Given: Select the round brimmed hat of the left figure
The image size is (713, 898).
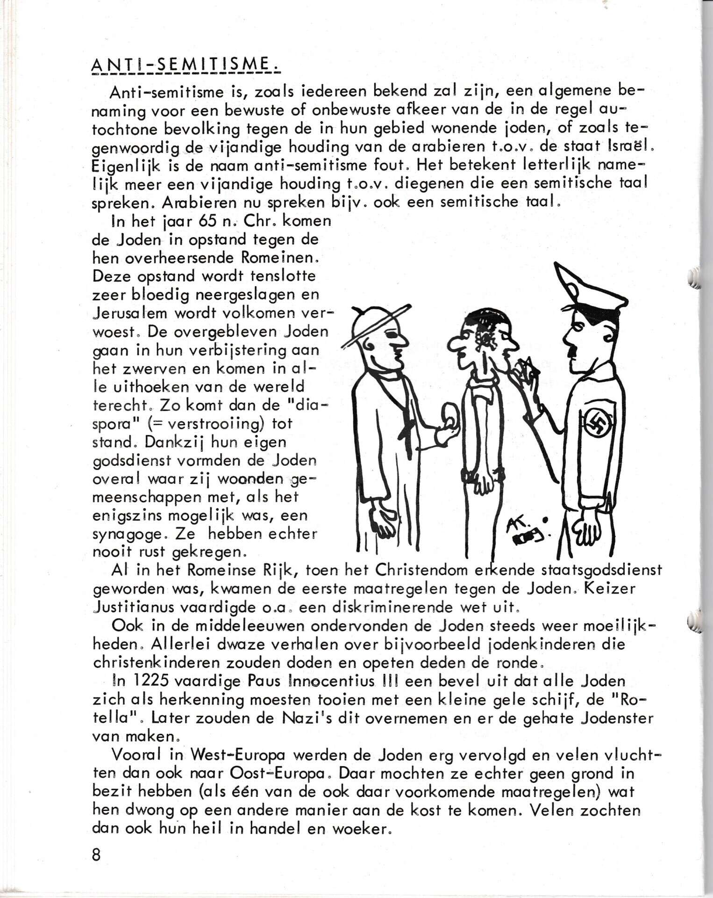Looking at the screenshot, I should click(374, 323).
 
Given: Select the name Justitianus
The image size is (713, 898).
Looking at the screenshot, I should click(135, 608).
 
